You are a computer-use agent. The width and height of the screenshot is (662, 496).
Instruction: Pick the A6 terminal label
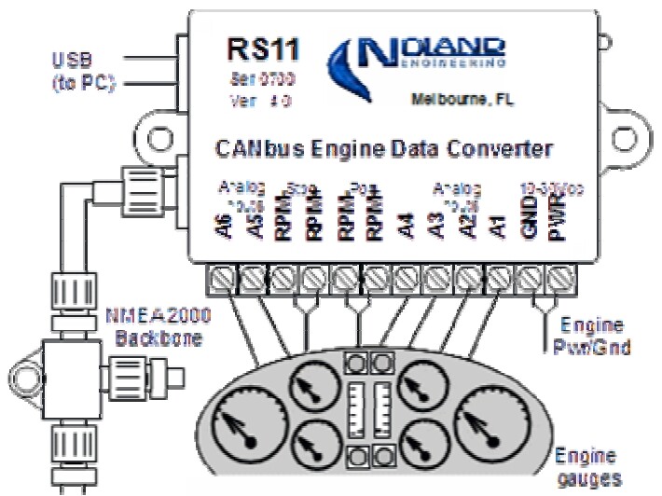(x=225, y=227)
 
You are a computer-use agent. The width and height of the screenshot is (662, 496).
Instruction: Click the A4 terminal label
(x=407, y=227)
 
